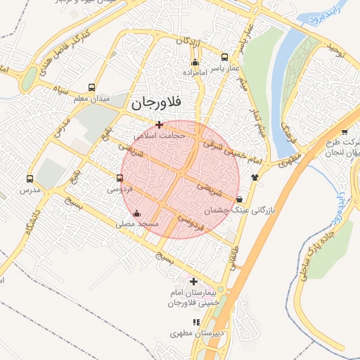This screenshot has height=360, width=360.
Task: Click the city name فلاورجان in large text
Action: click(155, 103)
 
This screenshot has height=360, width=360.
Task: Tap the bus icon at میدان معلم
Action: click(92, 88)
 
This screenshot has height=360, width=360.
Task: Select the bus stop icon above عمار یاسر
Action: click(224, 57)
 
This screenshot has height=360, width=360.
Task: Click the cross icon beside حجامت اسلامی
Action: click(160, 124)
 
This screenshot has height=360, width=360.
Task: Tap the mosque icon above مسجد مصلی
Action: click(136, 213)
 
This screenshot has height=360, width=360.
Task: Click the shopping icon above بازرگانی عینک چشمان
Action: click(240, 200)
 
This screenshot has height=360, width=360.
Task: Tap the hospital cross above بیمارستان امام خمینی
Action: click(193, 281)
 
